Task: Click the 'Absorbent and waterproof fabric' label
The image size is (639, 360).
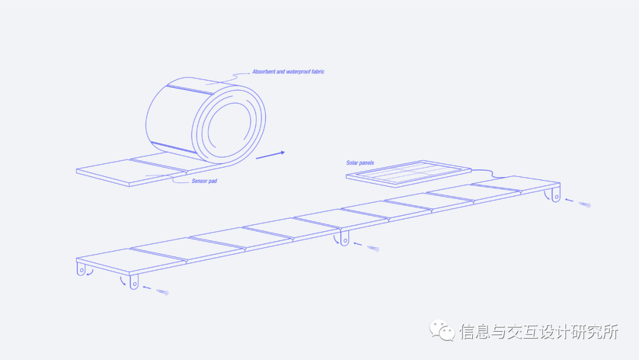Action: click(x=288, y=72)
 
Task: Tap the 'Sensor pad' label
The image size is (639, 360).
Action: click(x=204, y=181)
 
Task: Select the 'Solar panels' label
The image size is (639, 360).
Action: click(x=360, y=163)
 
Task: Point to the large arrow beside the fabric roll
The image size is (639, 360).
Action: click(x=270, y=155)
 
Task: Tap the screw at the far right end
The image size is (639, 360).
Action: click(x=585, y=205)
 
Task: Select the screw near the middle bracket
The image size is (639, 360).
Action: click(x=373, y=248)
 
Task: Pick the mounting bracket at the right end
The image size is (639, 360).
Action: click(x=556, y=194)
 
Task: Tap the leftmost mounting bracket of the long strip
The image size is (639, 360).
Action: click(x=81, y=269)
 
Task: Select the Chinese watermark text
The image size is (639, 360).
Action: click(x=538, y=332)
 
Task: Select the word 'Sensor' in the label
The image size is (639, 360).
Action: click(x=199, y=181)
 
